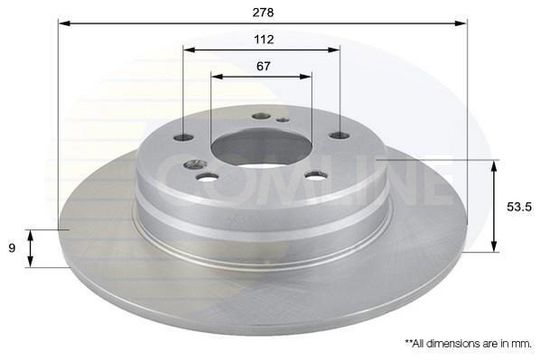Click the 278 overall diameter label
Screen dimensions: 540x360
263,13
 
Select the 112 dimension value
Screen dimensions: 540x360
264,40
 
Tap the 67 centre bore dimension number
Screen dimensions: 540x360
264,66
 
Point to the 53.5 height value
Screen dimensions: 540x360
519,207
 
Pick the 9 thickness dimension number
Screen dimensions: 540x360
12,248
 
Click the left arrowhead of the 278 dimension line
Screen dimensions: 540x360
64,23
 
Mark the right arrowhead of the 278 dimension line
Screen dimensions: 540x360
461,23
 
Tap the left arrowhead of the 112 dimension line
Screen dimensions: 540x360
189,50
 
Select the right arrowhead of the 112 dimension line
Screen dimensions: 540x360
334,50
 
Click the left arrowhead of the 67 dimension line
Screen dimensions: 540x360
217,77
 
